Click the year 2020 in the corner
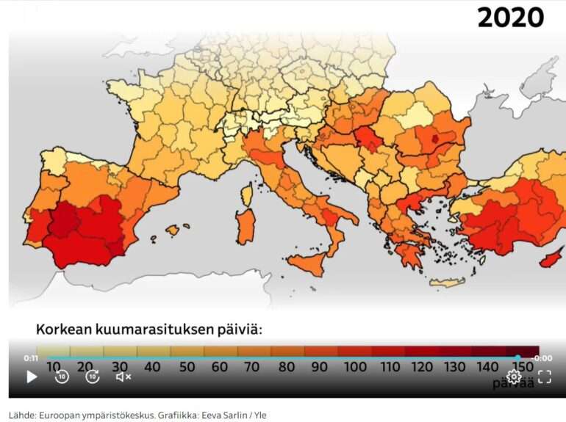click(510, 17)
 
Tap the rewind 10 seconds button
click(62, 376)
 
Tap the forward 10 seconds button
click(93, 376)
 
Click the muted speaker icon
click(123, 376)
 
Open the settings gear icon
click(514, 376)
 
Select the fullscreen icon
click(544, 376)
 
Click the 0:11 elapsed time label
click(31, 358)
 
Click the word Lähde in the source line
click(21, 415)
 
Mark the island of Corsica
click(248, 194)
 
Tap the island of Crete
click(447, 283)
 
